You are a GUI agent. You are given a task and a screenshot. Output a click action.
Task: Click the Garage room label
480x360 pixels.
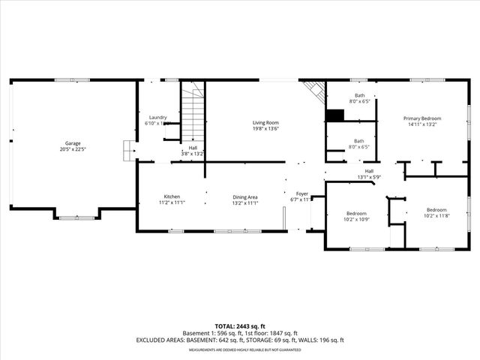pos(73,143)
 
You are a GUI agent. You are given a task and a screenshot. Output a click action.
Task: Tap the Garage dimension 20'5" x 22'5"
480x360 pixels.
pos(73,149)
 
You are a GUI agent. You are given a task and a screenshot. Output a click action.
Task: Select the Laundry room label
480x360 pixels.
pos(157,117)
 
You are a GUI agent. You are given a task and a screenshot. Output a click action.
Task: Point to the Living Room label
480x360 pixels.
pos(265,122)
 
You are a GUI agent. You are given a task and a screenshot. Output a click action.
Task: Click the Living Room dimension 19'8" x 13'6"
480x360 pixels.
pos(265,128)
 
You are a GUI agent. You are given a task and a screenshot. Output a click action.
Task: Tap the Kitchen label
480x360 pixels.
pos(172,196)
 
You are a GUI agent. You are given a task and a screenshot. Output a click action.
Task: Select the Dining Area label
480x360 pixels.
pos(245,196)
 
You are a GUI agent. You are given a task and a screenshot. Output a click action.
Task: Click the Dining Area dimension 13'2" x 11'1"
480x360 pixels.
pos(245,202)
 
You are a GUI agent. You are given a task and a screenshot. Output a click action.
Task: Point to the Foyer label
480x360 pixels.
pos(301,193)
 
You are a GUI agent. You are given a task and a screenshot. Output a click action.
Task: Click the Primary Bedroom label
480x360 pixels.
pos(421,118)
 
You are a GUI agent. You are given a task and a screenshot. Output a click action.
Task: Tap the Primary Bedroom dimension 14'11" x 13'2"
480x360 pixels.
pos(421,124)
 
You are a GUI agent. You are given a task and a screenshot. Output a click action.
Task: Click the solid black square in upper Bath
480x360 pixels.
pos(334,115)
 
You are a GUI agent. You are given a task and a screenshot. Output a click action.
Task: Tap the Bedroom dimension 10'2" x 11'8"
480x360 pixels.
pos(436,216)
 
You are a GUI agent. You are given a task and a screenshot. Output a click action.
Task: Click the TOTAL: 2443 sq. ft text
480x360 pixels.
pos(239,326)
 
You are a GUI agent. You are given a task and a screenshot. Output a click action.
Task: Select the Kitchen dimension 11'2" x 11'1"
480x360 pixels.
pos(172,202)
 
